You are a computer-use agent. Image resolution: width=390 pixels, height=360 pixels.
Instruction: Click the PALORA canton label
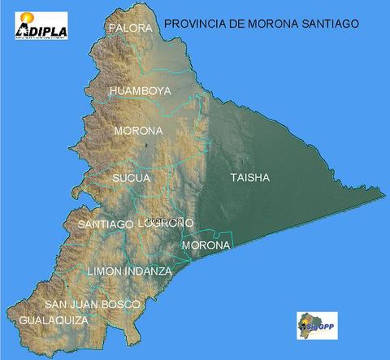(x=130, y=28)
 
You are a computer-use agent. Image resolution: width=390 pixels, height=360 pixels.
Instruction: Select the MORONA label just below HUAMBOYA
(x=138, y=131)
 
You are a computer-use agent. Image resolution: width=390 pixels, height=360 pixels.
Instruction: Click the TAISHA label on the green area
(x=249, y=178)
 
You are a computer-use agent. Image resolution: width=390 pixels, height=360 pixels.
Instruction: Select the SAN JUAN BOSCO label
(x=93, y=304)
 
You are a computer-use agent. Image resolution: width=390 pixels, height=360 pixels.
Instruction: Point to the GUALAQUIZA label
(x=51, y=320)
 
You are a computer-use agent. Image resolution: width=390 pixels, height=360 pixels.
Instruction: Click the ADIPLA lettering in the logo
(x=42, y=33)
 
